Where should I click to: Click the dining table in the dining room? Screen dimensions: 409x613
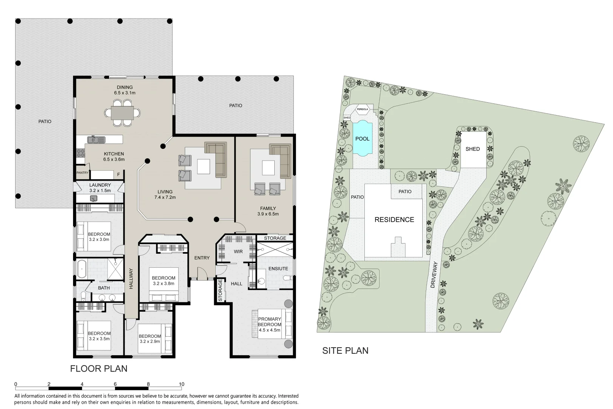click(123, 112)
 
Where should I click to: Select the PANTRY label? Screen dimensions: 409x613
click(82, 173)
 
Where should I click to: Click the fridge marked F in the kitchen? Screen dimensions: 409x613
click(118, 175)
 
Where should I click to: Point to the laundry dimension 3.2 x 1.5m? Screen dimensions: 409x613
click(100, 190)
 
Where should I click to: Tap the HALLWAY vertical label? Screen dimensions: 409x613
click(131, 279)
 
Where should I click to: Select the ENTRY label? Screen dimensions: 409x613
click(202, 258)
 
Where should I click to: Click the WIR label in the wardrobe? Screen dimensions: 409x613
click(238, 251)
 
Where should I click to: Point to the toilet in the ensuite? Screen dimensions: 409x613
click(288, 278)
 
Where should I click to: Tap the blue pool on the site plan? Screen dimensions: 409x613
click(362, 139)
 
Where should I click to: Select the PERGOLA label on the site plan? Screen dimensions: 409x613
click(362, 109)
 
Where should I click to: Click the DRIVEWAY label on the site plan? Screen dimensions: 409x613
click(434, 275)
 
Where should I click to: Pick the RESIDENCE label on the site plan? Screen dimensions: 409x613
click(394, 220)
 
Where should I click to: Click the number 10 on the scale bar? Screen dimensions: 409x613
click(181, 384)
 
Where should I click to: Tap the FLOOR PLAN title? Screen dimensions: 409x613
click(98, 368)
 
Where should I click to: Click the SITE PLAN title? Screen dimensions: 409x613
click(345, 351)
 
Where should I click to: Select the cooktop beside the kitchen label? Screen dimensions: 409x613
click(81, 153)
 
